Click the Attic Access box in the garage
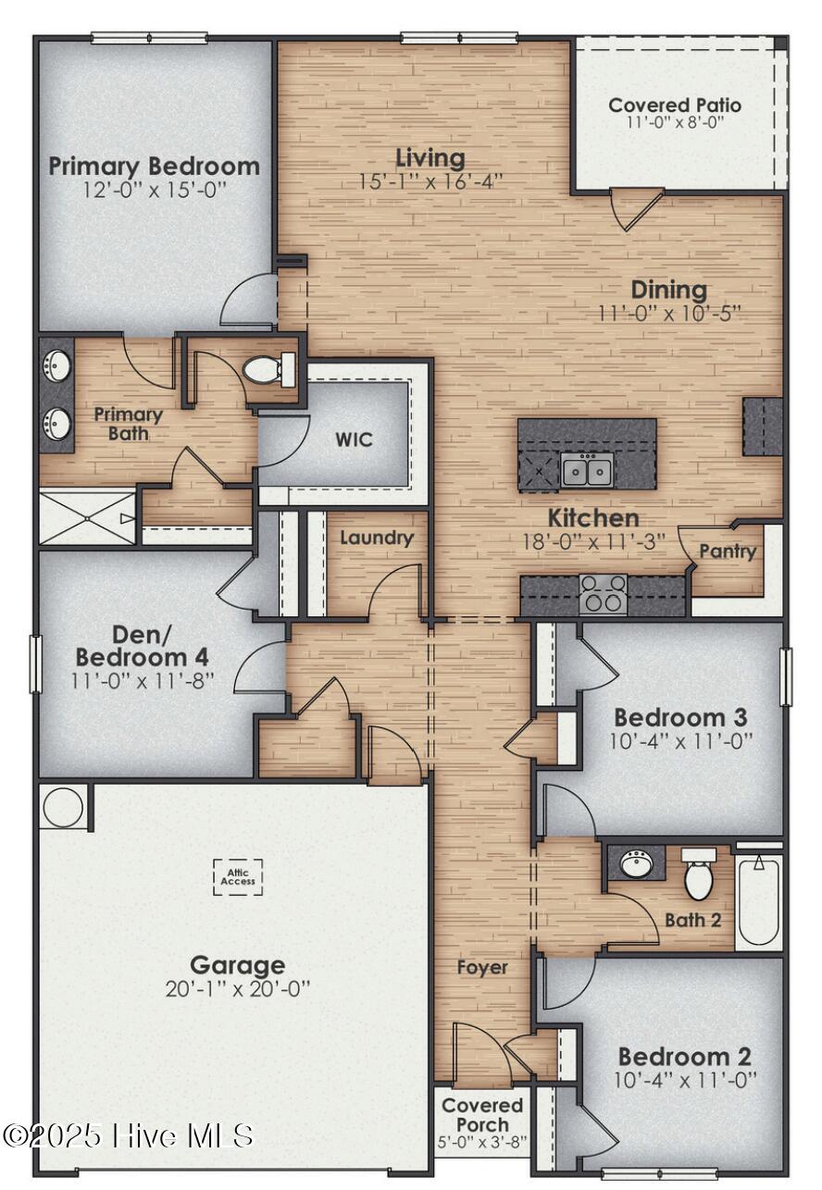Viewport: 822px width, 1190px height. click(x=238, y=876)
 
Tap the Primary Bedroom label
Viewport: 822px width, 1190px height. click(x=154, y=167)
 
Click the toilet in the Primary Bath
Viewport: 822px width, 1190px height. click(x=268, y=370)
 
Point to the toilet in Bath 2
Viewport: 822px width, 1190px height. click(x=699, y=878)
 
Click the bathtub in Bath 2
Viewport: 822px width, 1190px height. click(x=759, y=900)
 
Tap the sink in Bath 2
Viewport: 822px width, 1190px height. click(x=636, y=864)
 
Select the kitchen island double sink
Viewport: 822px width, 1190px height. click(x=587, y=470)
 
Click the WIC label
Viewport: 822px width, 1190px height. click(x=354, y=438)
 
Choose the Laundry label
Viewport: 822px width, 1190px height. click(x=376, y=538)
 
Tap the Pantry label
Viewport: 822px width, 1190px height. click(x=727, y=552)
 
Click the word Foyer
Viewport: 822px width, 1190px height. click(x=482, y=967)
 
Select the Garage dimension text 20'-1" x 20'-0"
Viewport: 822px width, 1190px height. click(x=238, y=988)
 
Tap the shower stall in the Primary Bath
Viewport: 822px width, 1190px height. click(x=87, y=518)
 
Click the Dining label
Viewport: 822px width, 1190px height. click(x=669, y=290)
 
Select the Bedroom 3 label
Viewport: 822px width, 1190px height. click(x=681, y=717)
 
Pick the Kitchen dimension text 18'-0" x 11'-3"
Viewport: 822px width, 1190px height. click(x=593, y=541)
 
